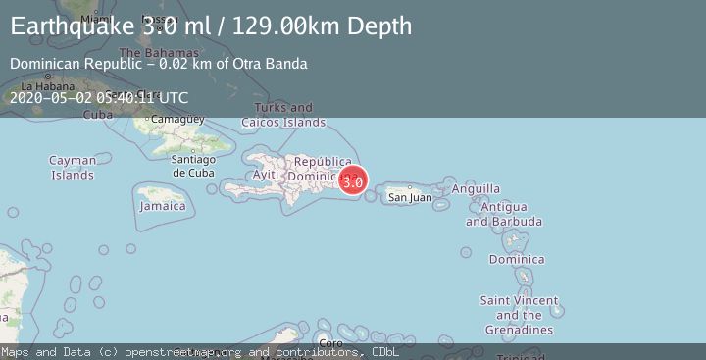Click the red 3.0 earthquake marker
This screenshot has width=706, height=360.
pos(353,180)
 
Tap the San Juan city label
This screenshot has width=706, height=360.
pos(410,197)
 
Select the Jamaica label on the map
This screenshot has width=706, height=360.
pos(163,206)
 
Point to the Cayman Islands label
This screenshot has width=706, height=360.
pos(73,168)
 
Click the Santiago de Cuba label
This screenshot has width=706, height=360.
pos(192,166)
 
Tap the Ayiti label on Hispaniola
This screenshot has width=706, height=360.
pos(266,174)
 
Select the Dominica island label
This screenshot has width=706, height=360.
pos(517,260)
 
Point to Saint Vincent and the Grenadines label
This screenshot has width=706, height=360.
pos(519,315)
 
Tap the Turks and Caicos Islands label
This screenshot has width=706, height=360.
pos(283,115)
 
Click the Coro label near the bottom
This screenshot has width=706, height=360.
pos(332,343)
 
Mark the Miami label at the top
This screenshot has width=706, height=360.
pos(97,19)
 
